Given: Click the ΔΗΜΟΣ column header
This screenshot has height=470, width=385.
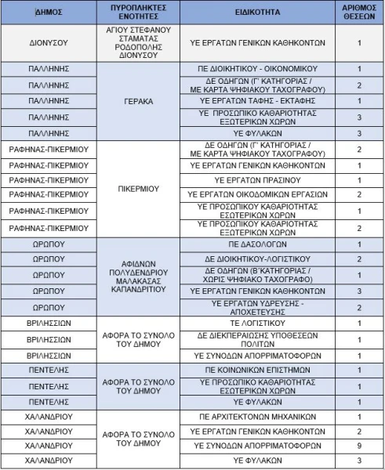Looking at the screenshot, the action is point(48,13).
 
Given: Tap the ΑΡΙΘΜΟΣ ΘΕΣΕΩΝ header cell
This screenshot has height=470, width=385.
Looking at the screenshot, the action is point(359,13).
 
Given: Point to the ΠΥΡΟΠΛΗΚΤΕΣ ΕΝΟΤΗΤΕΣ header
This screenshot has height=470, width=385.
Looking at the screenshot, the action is point(137,13).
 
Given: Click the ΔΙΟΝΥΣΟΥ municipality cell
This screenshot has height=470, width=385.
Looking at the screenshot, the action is point(48,43).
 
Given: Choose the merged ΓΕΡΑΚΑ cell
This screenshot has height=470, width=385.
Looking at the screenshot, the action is point(137,101).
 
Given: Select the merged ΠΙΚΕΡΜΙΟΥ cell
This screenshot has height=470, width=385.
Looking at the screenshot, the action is point(137,188).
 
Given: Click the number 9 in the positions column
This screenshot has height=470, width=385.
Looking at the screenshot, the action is point(359,445).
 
